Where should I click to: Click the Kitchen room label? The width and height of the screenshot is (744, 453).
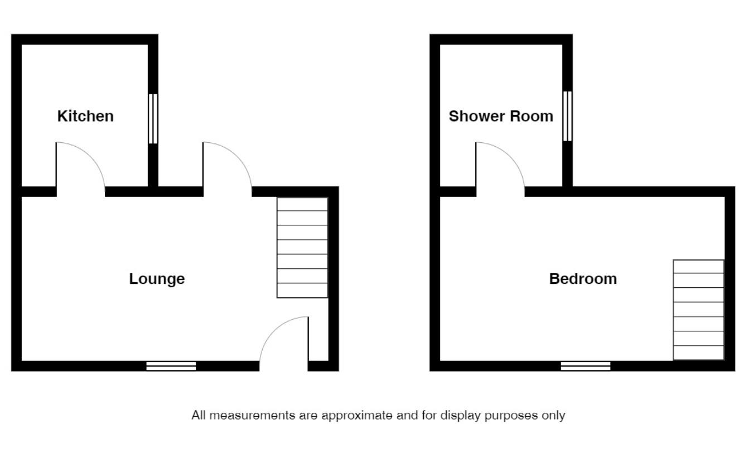pos(85,116)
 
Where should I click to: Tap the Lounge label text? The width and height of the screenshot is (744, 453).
pos(157,278)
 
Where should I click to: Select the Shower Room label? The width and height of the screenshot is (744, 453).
pos(501,116)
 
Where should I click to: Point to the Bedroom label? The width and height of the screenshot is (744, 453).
pos(583,278)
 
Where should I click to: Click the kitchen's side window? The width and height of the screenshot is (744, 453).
pos(152,119)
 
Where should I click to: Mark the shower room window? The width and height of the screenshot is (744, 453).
pos(567,116)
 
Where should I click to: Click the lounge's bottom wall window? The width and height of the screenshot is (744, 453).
pos(171,366)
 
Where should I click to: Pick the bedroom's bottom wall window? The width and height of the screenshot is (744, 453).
pos(586,366)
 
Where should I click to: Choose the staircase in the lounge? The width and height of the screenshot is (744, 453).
pos(302,248)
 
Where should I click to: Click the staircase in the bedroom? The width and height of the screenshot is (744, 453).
pos(698,310)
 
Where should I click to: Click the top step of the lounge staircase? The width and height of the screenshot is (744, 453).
pos(302,204)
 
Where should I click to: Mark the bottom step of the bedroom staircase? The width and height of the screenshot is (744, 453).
pos(698,353)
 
